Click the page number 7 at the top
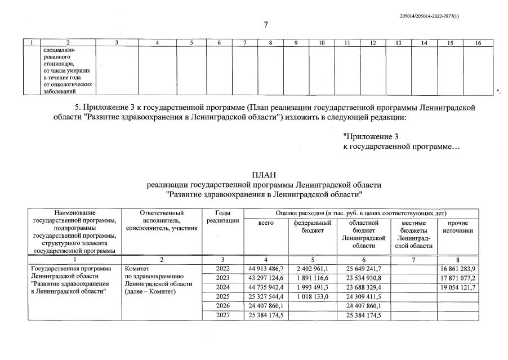coord(265,24)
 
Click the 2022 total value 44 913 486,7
coord(266,269)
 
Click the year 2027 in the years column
coord(222,314)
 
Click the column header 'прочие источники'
coord(457,226)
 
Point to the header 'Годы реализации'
coord(222,217)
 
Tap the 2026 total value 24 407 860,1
coord(266,305)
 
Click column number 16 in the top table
coord(478,43)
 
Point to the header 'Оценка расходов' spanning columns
coord(361,214)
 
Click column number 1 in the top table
coord(32,43)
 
